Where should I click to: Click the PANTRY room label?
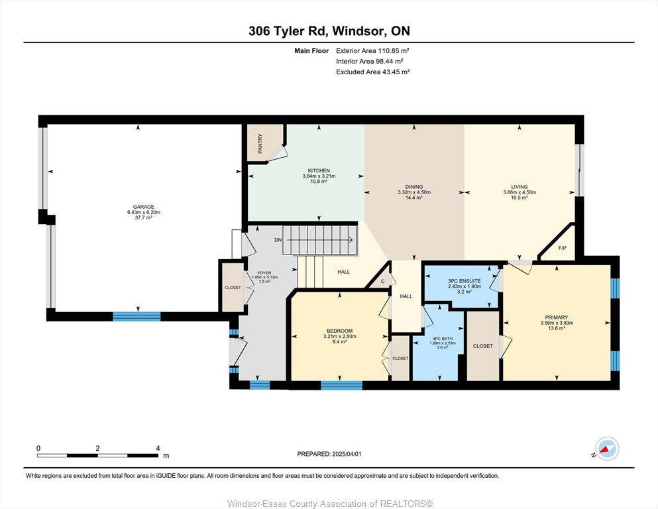tap(260, 144)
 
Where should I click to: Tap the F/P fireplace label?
tap(563, 248)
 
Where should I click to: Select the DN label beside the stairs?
tap(278, 240)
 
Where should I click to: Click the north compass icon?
tap(607, 449)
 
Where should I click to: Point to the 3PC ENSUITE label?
tap(464, 281)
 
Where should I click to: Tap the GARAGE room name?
tap(144, 207)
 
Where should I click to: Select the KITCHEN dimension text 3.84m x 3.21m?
tap(319, 176)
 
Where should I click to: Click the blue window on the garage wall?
tap(137, 316)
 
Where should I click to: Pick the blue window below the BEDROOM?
tap(341, 385)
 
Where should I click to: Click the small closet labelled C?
tap(383, 281)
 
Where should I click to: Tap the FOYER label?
tap(264, 273)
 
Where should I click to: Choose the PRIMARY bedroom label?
tap(557, 317)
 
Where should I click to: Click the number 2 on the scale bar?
tap(98, 448)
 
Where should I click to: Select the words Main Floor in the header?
tap(311, 51)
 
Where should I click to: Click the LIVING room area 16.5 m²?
tap(519, 198)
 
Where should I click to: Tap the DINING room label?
tap(413, 187)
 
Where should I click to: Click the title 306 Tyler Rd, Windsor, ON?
tap(329, 30)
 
